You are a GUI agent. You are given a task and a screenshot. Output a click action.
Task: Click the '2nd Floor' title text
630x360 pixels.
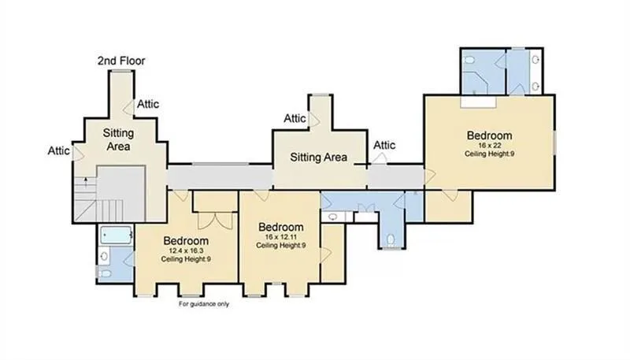(121, 61)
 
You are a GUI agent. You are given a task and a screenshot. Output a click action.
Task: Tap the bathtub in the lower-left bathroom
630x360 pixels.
(116, 235)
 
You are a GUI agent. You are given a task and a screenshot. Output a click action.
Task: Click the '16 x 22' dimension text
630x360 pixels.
(489, 146)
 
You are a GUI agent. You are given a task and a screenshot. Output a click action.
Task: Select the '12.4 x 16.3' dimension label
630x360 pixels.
(186, 251)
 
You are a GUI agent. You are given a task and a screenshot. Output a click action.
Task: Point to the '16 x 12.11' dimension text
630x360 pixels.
(280, 237)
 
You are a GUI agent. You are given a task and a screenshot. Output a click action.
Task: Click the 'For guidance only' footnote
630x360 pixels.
(204, 304)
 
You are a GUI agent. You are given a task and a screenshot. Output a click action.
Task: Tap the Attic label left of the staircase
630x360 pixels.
(58, 150)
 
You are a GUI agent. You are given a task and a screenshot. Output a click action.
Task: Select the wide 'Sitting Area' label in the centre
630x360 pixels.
(319, 157)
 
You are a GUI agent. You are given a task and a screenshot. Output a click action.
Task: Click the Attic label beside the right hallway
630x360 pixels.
(384, 145)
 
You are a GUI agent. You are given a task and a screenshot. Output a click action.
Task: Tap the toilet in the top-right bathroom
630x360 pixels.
(469, 61)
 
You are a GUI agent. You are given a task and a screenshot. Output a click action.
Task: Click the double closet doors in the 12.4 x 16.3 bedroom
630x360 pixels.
(215, 221)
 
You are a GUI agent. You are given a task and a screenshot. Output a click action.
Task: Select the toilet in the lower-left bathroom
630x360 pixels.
(105, 273)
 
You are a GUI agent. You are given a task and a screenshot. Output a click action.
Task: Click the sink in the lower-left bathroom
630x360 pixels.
(105, 255)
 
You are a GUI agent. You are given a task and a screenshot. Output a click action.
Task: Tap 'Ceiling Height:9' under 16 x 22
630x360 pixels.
(489, 154)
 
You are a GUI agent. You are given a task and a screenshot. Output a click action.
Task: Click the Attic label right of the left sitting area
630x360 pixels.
(148, 104)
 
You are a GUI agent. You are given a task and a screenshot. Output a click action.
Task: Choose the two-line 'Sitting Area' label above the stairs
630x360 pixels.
(118, 139)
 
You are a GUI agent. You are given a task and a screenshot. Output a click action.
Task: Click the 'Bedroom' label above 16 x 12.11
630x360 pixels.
(281, 227)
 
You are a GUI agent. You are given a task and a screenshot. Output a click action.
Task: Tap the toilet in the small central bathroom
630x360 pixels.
(391, 240)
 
